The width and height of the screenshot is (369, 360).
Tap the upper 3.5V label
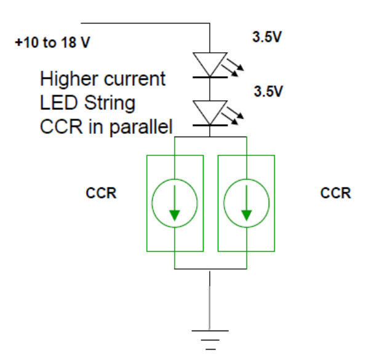268,37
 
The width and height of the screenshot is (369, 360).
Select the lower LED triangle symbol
211,111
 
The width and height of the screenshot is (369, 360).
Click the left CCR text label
101,193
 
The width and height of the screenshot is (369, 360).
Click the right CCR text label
336,193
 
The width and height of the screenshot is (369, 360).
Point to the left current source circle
175,203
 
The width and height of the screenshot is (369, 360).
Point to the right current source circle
247,203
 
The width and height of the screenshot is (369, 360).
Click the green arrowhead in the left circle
175,214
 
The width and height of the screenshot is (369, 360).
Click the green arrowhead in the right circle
247,214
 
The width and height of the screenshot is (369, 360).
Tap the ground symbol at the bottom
211,339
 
